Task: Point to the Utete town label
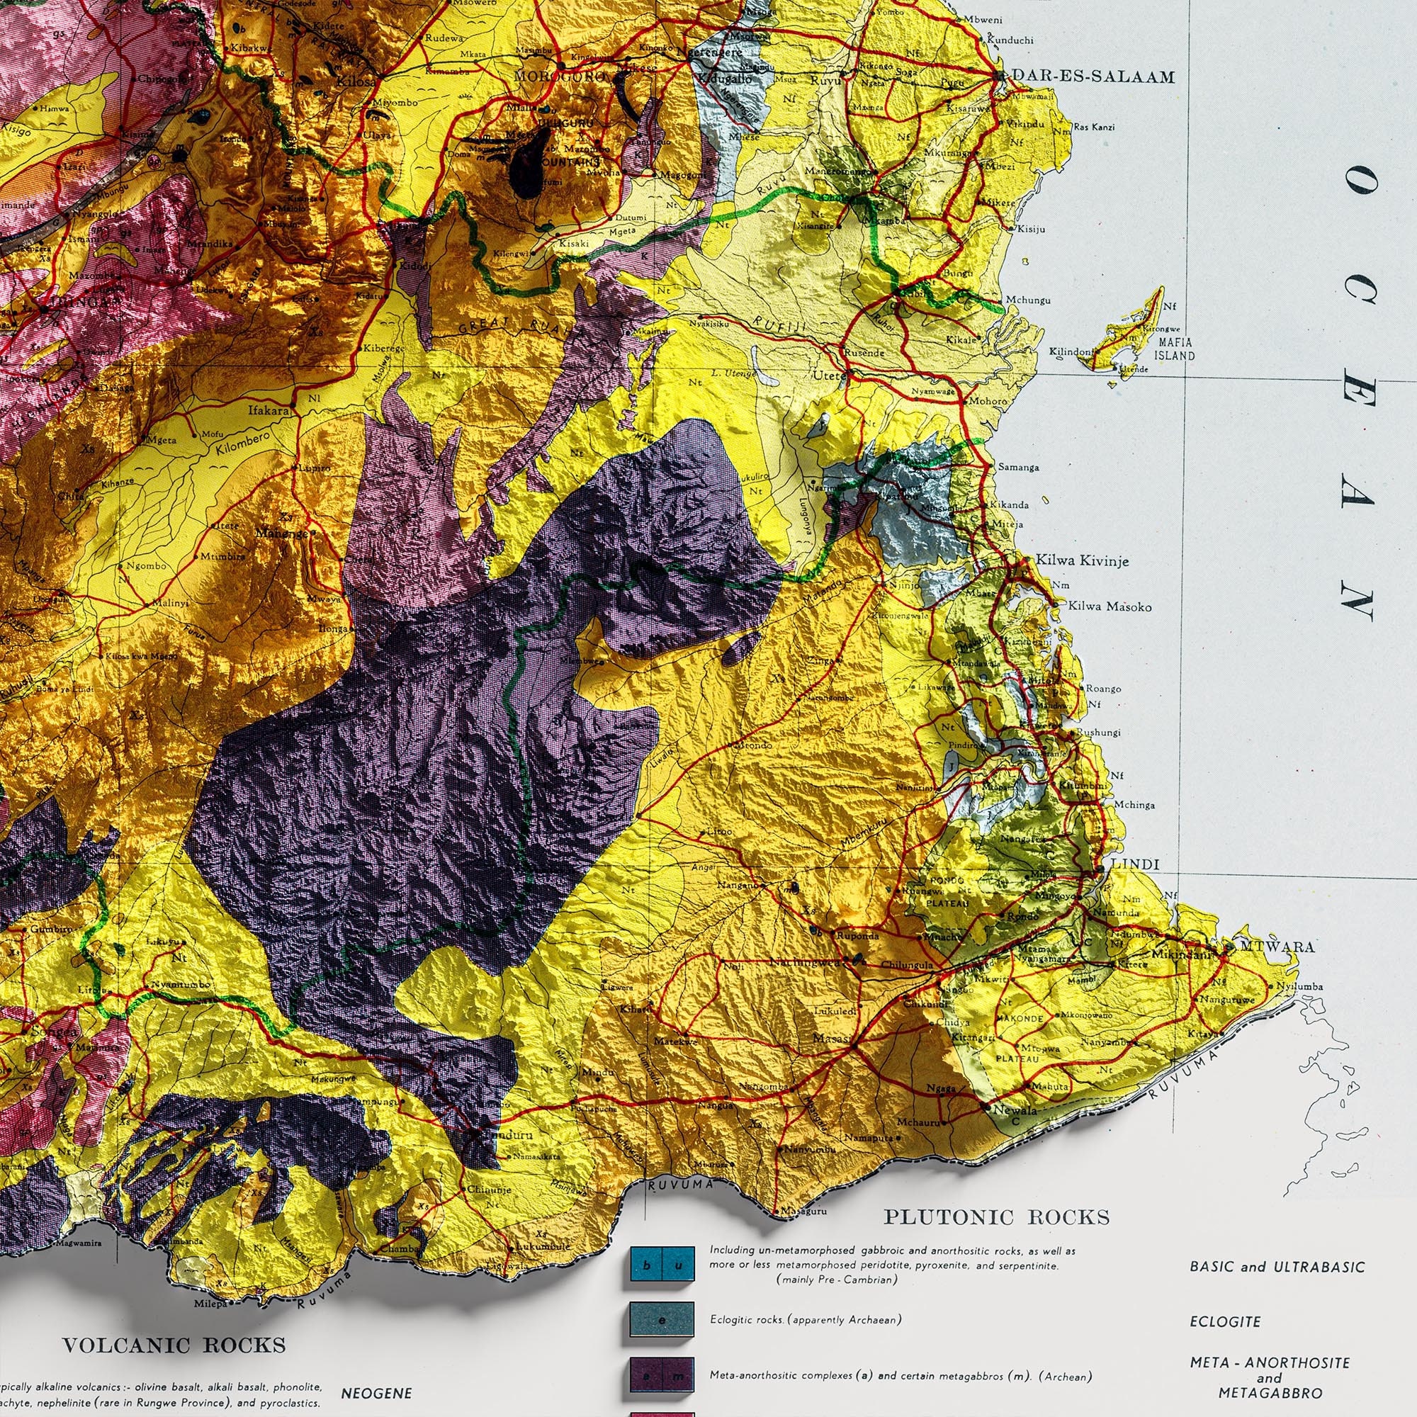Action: [x=829, y=376]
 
